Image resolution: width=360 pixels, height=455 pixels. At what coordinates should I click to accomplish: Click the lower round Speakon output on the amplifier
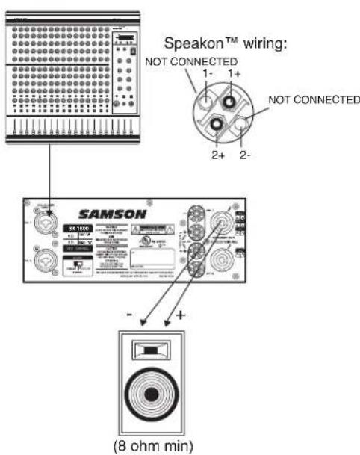(x=223, y=261)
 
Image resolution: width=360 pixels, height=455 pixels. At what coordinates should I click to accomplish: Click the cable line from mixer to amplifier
(x=49, y=172)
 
